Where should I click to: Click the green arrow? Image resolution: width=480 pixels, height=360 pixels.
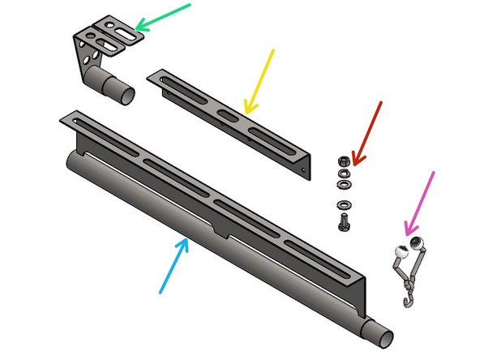[x=162, y=16]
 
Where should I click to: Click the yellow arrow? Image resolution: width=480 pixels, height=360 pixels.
[x=259, y=81]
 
